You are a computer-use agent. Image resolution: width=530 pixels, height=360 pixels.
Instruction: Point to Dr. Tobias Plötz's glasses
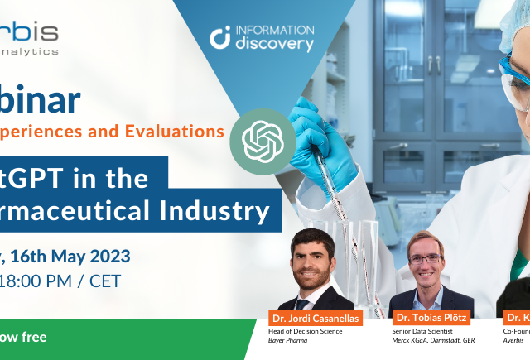click(x=426, y=259)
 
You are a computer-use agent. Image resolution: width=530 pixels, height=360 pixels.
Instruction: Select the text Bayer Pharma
click(x=289, y=341)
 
